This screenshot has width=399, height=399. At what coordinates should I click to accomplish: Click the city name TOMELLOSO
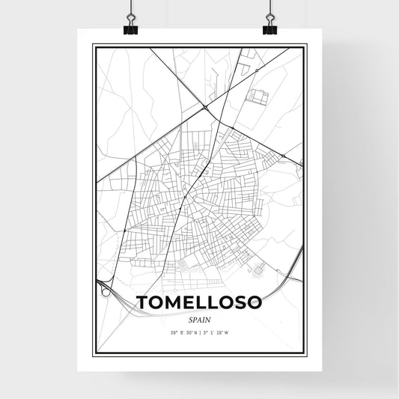[x=199, y=302]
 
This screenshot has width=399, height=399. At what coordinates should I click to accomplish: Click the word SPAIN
[x=199, y=317]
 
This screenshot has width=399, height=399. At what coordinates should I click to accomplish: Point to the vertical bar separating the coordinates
[x=199, y=331]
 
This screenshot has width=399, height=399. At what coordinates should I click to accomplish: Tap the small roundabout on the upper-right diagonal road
[x=256, y=70]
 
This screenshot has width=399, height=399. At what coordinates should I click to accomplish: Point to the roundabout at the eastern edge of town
[x=284, y=155]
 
